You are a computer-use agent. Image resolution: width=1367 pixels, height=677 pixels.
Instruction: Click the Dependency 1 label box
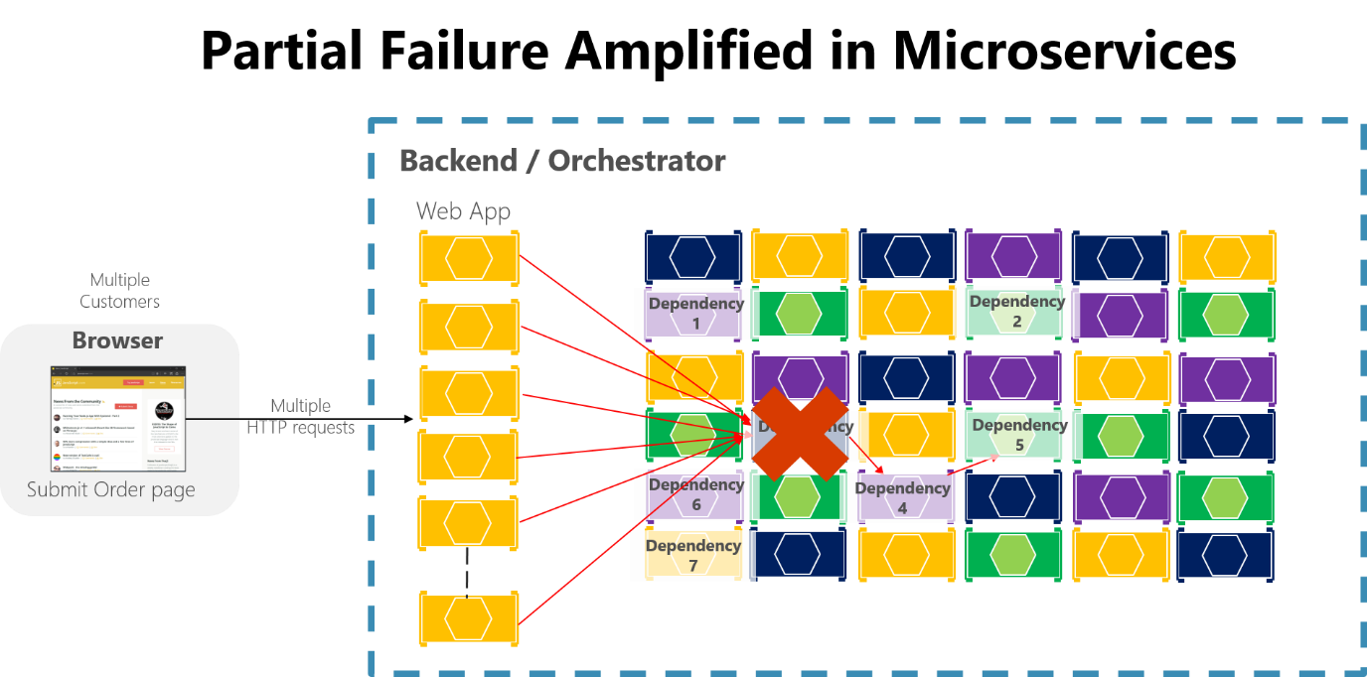pos(694,313)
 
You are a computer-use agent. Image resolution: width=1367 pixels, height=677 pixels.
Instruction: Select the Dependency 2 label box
pos(1016,311)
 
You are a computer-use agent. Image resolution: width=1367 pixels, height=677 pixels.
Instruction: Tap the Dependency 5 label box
pos(1018,435)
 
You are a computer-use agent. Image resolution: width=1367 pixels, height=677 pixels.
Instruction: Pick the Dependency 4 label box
pos(902,497)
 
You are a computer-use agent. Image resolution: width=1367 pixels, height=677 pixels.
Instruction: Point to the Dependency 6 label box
pos(695,494)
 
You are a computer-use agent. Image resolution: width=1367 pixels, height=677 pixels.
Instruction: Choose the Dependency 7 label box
pos(692,555)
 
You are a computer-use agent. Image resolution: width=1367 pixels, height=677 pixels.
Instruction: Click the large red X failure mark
pos(800,434)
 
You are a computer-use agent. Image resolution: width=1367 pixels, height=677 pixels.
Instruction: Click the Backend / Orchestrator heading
pos(561,161)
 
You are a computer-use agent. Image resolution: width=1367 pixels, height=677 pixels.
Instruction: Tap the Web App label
pos(463,210)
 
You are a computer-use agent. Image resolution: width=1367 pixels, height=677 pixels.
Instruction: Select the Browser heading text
pos(117,340)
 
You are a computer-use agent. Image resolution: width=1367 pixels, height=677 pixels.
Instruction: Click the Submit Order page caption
pos(110,489)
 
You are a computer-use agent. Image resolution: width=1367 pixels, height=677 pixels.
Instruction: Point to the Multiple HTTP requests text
pos(301,417)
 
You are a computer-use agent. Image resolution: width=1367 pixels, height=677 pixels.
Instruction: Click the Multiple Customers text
pos(119,291)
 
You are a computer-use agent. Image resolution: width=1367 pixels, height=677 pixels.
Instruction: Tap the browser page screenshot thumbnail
pos(118,418)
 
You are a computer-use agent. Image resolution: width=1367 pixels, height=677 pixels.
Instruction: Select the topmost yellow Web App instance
pos(468,258)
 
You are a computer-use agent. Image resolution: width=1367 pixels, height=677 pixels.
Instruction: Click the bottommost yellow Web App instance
pos(468,618)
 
